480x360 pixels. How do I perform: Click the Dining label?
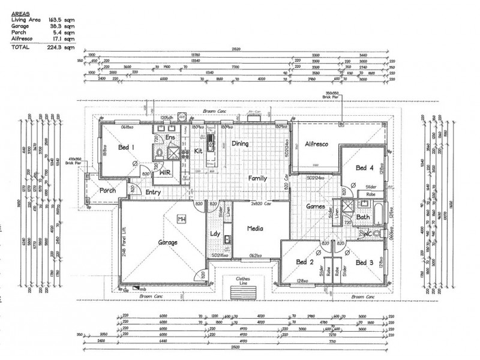[241, 144]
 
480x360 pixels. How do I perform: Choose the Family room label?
[259, 178]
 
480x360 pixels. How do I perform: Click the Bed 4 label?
[364, 167]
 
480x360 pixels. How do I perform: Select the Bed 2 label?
[305, 262]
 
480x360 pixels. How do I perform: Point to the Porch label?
[107, 191]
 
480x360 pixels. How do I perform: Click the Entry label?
[154, 192]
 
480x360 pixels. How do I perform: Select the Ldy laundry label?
[214, 234]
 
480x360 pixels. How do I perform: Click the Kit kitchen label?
[197, 152]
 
